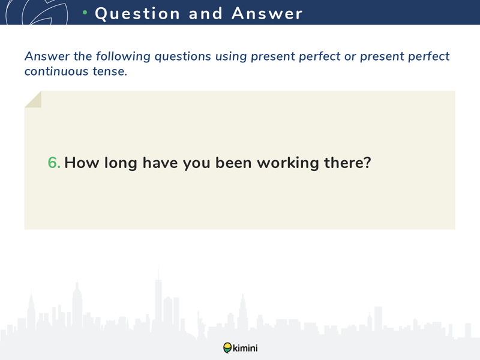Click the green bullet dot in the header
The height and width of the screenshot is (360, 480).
(85, 13)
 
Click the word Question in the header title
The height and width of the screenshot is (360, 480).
(137, 14)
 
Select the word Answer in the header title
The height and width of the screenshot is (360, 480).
(267, 13)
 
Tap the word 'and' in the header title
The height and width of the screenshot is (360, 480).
(205, 13)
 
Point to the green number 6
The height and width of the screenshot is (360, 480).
(54, 162)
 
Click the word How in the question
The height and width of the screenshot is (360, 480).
(82, 162)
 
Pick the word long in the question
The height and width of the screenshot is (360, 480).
(121, 163)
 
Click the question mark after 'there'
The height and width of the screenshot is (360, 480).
(367, 162)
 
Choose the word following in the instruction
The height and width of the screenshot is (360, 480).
(123, 56)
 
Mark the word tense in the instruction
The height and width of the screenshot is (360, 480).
(110, 71)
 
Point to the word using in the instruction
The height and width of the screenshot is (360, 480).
(231, 57)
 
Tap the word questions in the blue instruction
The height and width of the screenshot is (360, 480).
(183, 57)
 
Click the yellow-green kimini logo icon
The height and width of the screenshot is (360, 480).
(227, 348)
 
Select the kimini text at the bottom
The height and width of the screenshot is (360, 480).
(245, 348)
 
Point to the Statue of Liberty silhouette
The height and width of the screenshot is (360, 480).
(201, 325)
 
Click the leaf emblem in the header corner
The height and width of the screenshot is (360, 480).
(37, 12)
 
